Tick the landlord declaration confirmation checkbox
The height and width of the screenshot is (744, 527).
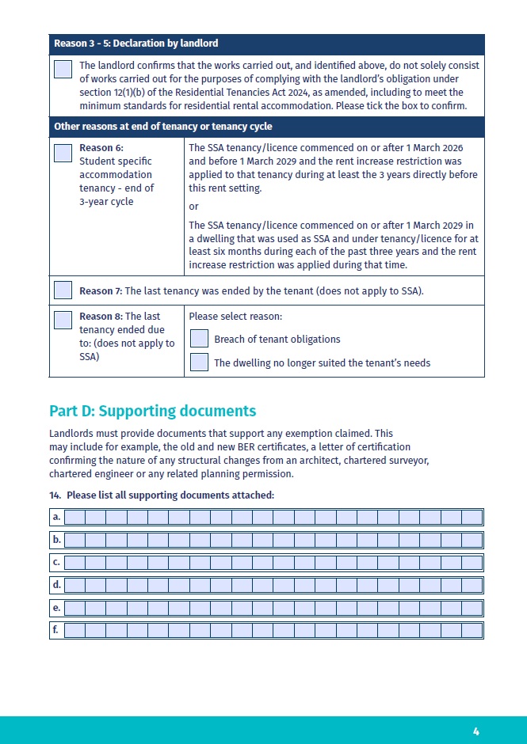click(x=63, y=69)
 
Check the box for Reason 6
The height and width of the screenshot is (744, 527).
click(x=63, y=153)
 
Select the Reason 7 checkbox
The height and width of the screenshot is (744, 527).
click(x=63, y=290)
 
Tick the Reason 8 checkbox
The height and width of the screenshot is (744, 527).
click(x=63, y=320)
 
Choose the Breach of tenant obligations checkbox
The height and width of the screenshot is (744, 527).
click(x=200, y=339)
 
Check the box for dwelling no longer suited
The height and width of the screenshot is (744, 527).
click(x=200, y=363)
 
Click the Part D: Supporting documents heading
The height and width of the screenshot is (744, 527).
click(x=152, y=412)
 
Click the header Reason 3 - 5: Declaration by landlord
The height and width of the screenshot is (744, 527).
click(x=136, y=43)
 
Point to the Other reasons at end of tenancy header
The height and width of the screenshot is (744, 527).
click(x=162, y=127)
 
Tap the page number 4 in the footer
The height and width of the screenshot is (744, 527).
click(x=476, y=731)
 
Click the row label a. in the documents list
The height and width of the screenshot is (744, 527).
click(x=56, y=517)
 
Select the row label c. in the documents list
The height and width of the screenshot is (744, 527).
click(x=56, y=563)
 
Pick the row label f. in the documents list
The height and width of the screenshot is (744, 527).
click(x=56, y=630)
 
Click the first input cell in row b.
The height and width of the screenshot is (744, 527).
click(x=74, y=540)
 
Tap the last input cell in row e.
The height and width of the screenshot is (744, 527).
click(x=472, y=608)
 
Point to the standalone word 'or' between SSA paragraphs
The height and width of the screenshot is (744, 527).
click(x=193, y=207)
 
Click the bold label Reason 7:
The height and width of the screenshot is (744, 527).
click(x=101, y=291)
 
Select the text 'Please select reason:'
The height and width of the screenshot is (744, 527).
click(x=235, y=317)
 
